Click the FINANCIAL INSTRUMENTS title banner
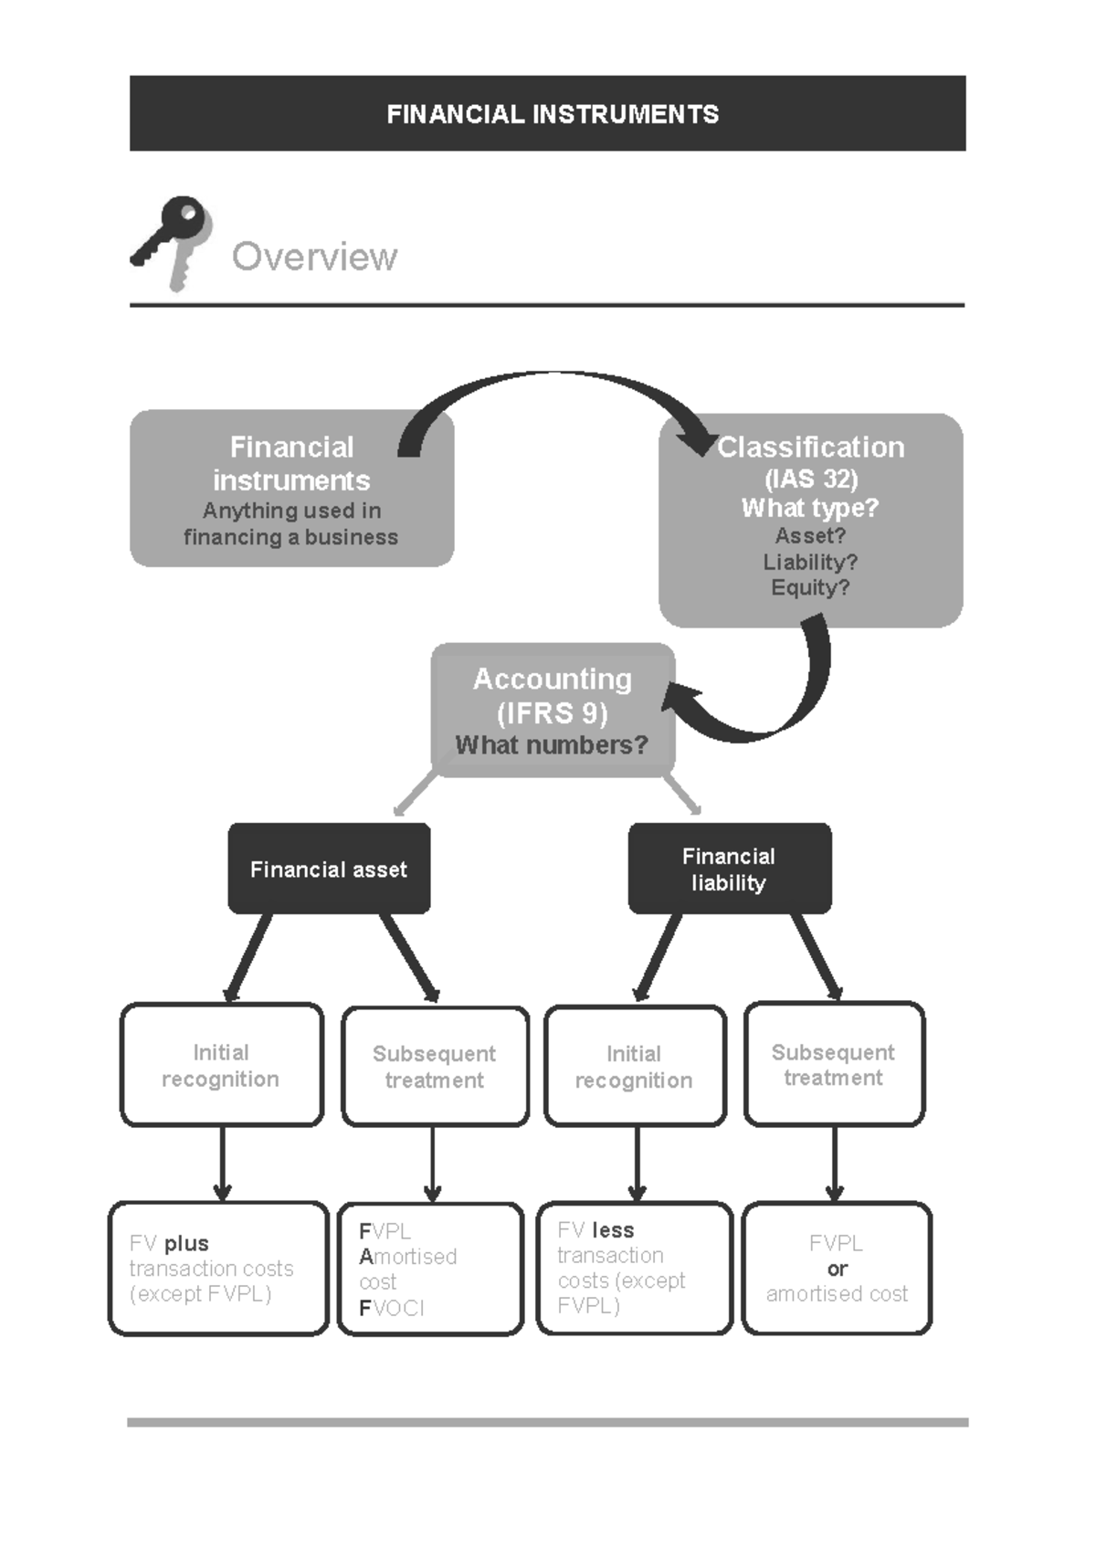coord(548,113)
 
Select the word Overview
coord(314,257)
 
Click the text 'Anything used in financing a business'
coord(291,523)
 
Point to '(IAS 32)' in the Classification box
coord(810,479)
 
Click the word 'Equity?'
coord(810,587)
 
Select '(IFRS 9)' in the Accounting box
coord(552,712)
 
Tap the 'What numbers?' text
coord(552,745)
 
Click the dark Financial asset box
coord(329,869)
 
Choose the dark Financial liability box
coord(729,869)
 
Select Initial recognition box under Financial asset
coord(221,1065)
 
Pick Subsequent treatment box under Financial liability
coord(834,1064)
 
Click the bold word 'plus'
coord(186,1243)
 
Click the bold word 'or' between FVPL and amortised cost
coord(837,1269)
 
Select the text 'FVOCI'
coord(392,1308)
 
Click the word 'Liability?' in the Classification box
coord(810,562)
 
